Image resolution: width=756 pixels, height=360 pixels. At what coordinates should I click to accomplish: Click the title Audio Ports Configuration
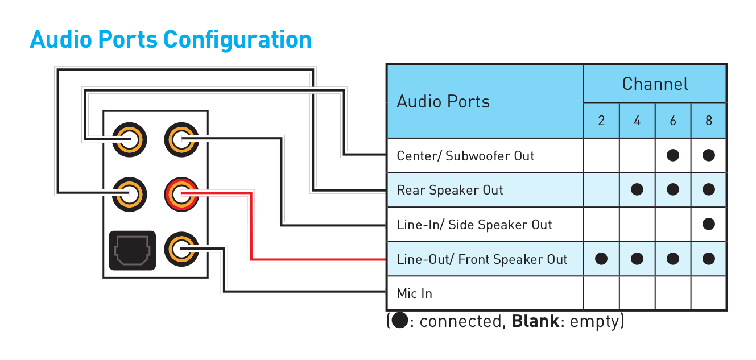click(x=171, y=40)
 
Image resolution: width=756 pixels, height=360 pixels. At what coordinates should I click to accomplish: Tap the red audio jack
click(x=181, y=194)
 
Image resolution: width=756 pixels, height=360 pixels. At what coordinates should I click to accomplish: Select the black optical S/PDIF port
click(x=132, y=250)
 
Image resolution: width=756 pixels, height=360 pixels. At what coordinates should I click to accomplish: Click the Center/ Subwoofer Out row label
click(x=465, y=156)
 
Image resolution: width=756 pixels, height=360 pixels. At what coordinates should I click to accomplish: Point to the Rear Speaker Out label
click(x=449, y=190)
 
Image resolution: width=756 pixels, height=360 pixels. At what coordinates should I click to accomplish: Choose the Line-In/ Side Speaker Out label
click(x=474, y=225)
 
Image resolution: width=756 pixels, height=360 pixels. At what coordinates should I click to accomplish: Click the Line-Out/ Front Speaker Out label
click(x=482, y=259)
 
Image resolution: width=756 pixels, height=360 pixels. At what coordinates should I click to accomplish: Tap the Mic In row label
click(x=414, y=293)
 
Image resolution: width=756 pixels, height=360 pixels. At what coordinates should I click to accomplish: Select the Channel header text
click(x=655, y=84)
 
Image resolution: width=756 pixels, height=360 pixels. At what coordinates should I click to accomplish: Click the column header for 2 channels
click(x=601, y=121)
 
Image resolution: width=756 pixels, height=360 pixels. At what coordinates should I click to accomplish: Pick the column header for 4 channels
click(x=637, y=121)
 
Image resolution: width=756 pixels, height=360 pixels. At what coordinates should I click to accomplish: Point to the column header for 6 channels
click(x=673, y=121)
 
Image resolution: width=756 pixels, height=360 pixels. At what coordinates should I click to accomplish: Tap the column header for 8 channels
click(x=708, y=121)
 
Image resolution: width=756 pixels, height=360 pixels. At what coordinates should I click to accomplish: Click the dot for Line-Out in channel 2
click(x=601, y=259)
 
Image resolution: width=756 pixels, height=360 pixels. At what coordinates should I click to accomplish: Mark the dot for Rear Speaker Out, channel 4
click(x=637, y=190)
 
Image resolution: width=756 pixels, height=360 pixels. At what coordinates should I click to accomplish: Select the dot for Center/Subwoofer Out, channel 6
click(x=673, y=155)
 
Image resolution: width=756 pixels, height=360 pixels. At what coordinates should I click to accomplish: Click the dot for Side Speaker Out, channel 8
click(x=708, y=224)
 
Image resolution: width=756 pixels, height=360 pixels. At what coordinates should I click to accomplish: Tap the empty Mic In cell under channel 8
click(x=708, y=293)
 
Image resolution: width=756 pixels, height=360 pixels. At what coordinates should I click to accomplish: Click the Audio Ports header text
click(x=443, y=102)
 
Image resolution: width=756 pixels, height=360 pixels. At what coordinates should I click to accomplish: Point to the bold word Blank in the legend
click(x=535, y=321)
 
